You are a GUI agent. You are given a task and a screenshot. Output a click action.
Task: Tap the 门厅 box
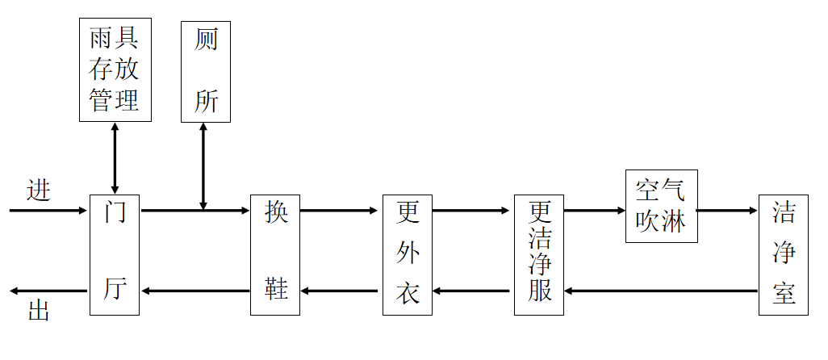click(115, 254)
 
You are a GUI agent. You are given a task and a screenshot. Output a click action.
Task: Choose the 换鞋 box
click(275, 254)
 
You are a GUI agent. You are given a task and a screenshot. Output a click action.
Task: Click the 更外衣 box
click(408, 254)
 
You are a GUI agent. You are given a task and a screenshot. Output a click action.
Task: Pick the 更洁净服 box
click(539, 254)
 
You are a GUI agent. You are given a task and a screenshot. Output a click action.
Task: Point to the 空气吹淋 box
click(661, 206)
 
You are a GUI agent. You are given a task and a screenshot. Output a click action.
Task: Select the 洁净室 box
click(783, 254)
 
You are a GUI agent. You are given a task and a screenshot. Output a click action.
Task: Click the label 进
click(38, 190)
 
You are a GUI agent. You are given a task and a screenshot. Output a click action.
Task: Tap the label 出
click(38, 311)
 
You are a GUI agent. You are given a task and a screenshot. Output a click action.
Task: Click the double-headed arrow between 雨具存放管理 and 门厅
click(115, 158)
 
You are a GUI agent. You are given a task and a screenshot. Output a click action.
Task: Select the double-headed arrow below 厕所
click(203, 166)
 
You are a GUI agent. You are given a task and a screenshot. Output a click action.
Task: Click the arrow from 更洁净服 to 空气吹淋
click(595, 211)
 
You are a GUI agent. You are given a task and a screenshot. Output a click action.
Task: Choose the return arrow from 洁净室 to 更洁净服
click(662, 291)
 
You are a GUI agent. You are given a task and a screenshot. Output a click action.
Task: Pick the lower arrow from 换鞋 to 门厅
click(194, 291)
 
